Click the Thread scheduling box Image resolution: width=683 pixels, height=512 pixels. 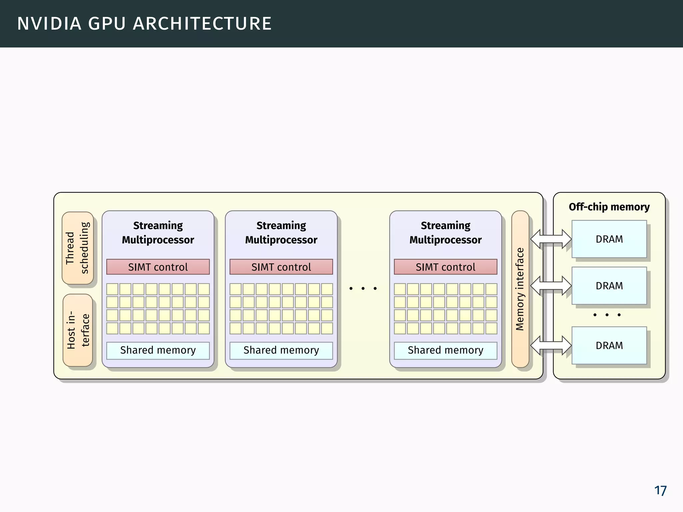(x=77, y=248)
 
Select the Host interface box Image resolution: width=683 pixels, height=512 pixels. (x=77, y=330)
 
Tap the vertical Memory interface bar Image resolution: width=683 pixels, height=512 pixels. (x=520, y=289)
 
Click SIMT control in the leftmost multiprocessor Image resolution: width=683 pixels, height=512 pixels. (x=158, y=267)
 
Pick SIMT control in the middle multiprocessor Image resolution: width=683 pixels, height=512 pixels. (x=281, y=267)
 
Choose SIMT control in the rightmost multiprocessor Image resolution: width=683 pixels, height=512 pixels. (x=445, y=267)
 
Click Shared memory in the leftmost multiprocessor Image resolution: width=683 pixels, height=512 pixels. (x=158, y=350)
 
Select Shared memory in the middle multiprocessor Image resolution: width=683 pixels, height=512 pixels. (x=281, y=350)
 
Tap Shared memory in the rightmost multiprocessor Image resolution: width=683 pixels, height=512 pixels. (x=445, y=350)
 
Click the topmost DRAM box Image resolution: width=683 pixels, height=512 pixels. (x=609, y=239)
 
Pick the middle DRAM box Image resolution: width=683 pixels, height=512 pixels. (x=609, y=286)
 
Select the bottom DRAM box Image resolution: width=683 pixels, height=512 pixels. (x=609, y=345)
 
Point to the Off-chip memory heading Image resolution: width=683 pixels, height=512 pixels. (x=609, y=207)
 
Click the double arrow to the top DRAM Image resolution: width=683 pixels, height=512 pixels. (x=551, y=239)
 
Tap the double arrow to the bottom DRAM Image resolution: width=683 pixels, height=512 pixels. (x=551, y=345)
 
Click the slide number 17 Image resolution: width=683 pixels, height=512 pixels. (x=660, y=491)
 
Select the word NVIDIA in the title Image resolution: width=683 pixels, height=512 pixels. (x=49, y=24)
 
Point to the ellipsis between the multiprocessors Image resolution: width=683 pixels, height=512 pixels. (x=363, y=288)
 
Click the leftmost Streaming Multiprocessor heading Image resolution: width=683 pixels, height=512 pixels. (x=158, y=232)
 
